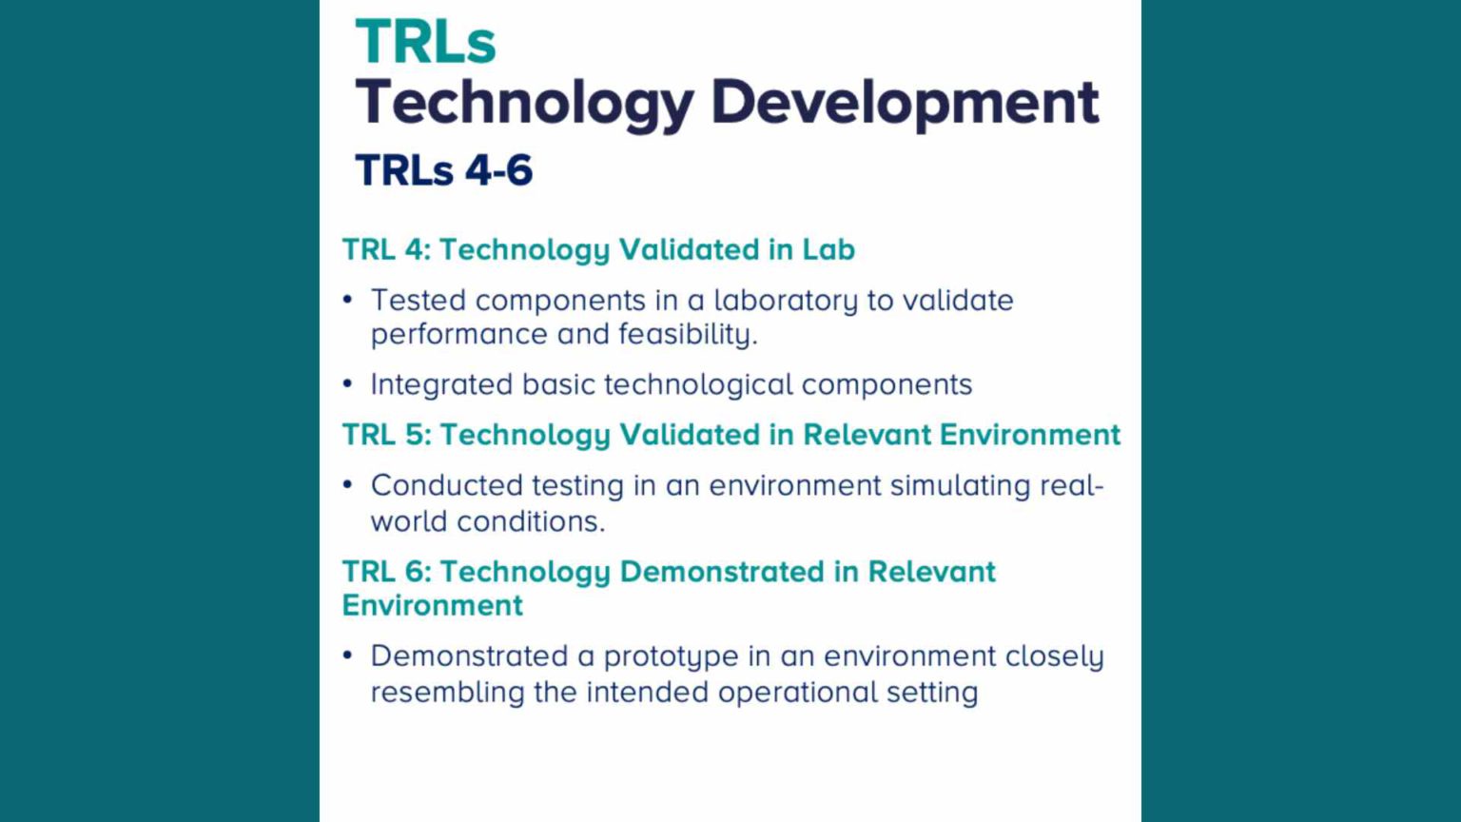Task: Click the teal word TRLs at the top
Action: (425, 43)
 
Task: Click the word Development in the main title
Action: (905, 102)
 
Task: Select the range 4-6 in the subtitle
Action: (498, 171)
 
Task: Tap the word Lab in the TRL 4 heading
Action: (828, 249)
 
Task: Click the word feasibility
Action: (687, 335)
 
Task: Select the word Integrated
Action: (441, 384)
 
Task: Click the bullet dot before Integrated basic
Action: (348, 384)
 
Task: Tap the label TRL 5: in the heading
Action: (386, 435)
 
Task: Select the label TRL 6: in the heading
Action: (386, 572)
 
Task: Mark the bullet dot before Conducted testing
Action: (348, 485)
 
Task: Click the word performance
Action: (458, 335)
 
